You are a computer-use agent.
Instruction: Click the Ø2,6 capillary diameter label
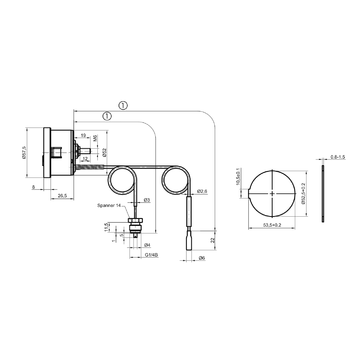click(x=202, y=191)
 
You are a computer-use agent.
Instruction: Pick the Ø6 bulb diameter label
click(x=200, y=259)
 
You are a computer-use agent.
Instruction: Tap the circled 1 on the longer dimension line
click(x=121, y=103)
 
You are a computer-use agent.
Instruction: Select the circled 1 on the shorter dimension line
click(x=106, y=117)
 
